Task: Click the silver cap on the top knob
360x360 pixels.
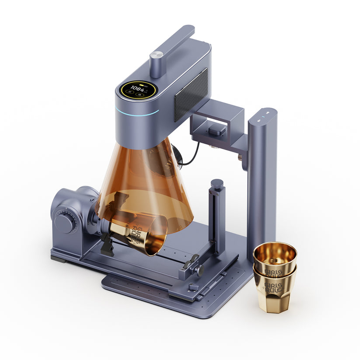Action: (156, 55)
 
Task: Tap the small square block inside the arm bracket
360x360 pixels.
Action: (217, 129)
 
